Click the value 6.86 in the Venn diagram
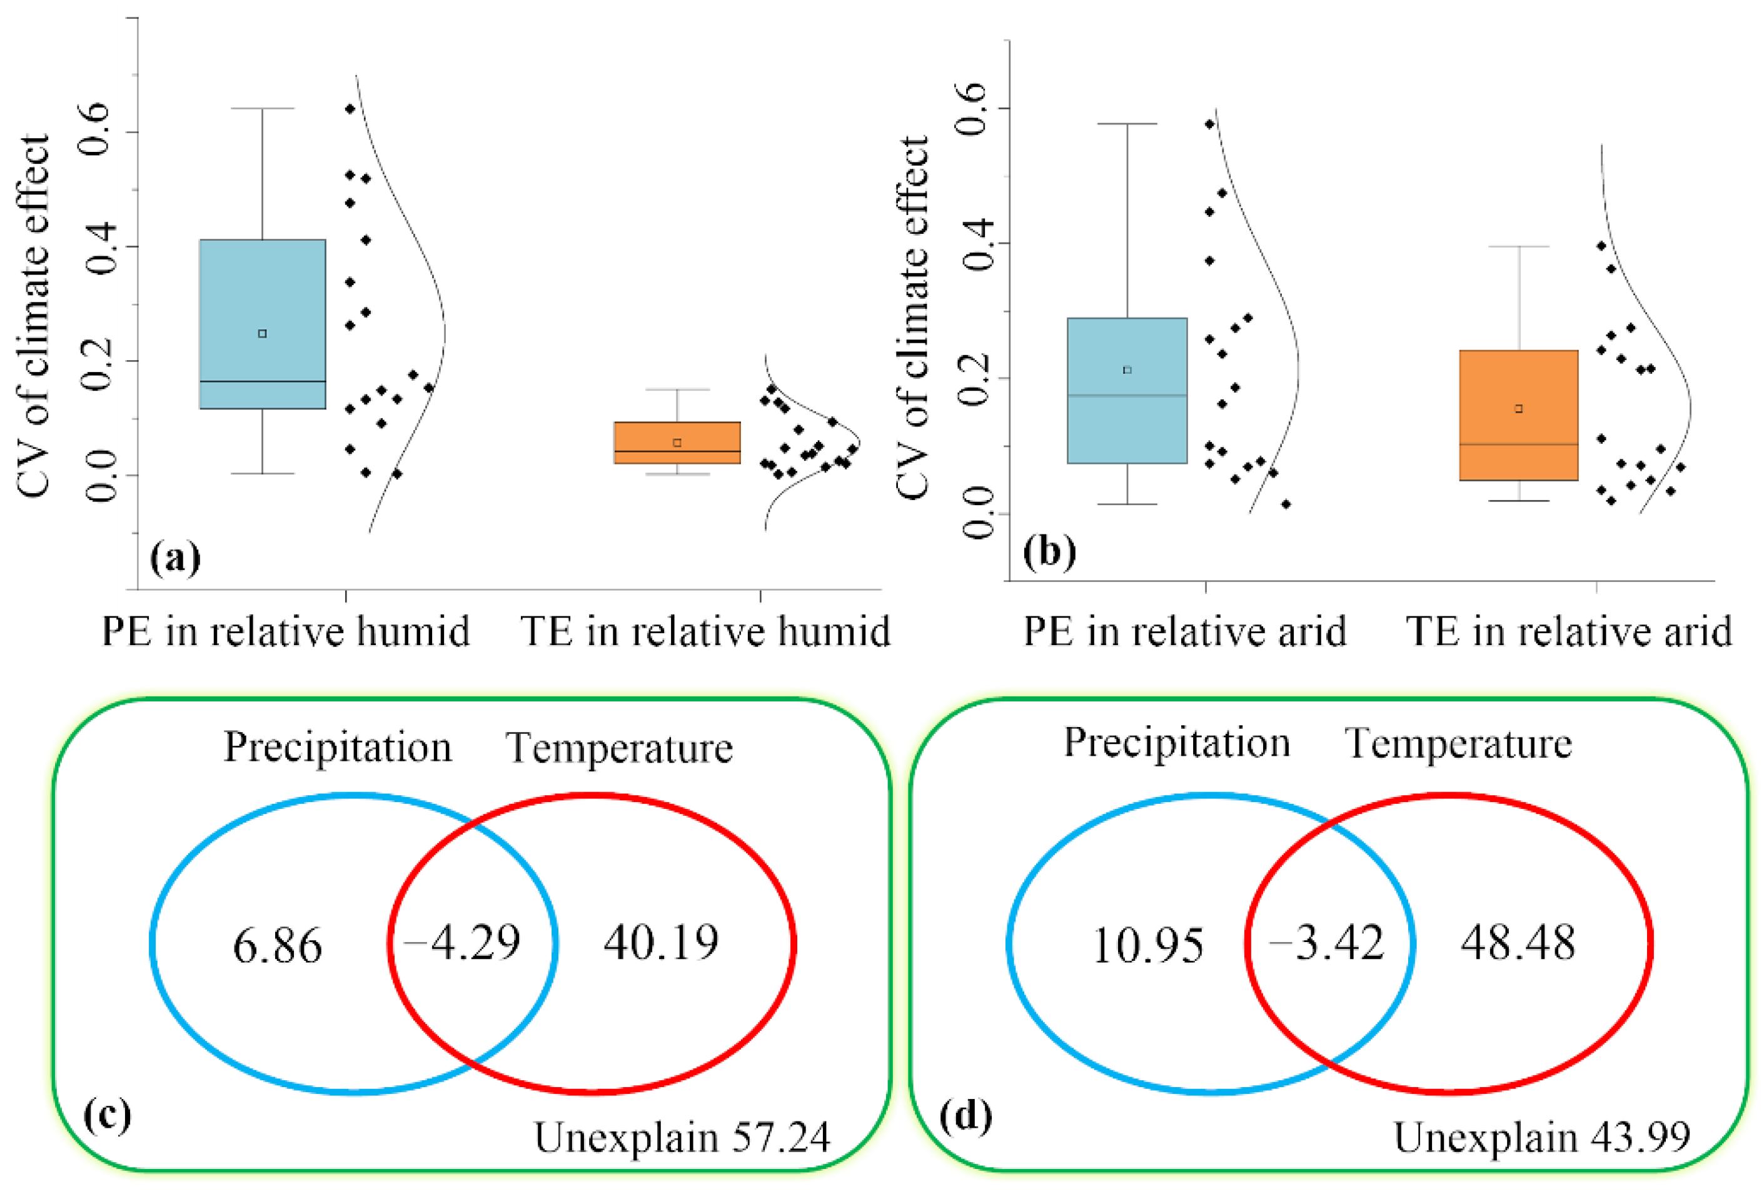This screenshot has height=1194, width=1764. coord(277,946)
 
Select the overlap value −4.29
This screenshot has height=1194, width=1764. coord(462,943)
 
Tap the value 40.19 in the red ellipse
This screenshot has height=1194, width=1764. coord(660,943)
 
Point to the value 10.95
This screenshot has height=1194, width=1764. coord(1147,946)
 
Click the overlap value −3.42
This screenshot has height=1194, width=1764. coord(1327,943)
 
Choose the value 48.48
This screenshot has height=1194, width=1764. coord(1518,943)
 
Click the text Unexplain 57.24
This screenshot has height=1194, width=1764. coord(682,1137)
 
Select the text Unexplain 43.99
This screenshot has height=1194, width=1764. coord(1541,1137)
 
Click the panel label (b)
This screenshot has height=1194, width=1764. coord(1049,552)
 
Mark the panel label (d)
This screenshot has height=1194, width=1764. coord(965,1116)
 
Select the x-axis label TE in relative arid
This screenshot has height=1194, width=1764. coord(1569,631)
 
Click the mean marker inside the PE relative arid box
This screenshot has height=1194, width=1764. coord(1127,371)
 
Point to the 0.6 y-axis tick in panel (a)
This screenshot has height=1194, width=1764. coord(97,131)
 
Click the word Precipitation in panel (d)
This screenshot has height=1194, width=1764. coord(1176,743)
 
